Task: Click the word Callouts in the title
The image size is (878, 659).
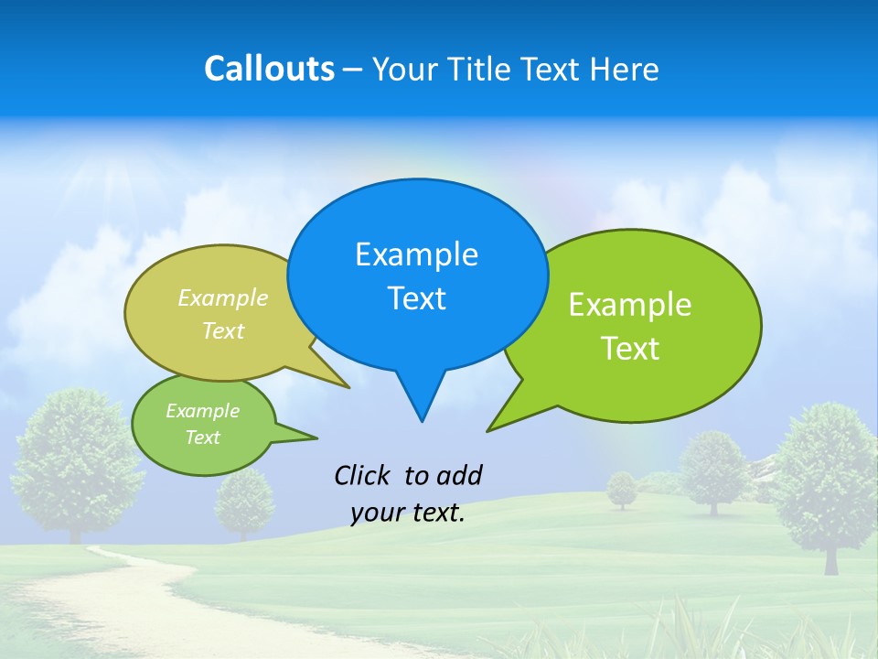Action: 269,69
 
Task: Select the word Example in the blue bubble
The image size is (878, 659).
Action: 416,254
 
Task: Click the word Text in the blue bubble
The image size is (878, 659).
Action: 416,298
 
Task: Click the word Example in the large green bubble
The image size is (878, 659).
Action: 630,305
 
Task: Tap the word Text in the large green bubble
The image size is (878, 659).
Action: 630,349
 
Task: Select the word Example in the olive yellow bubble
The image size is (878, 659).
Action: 223,297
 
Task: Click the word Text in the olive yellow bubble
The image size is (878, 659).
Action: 223,330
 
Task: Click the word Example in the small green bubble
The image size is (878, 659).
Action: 202,411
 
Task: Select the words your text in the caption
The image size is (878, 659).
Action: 408,513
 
